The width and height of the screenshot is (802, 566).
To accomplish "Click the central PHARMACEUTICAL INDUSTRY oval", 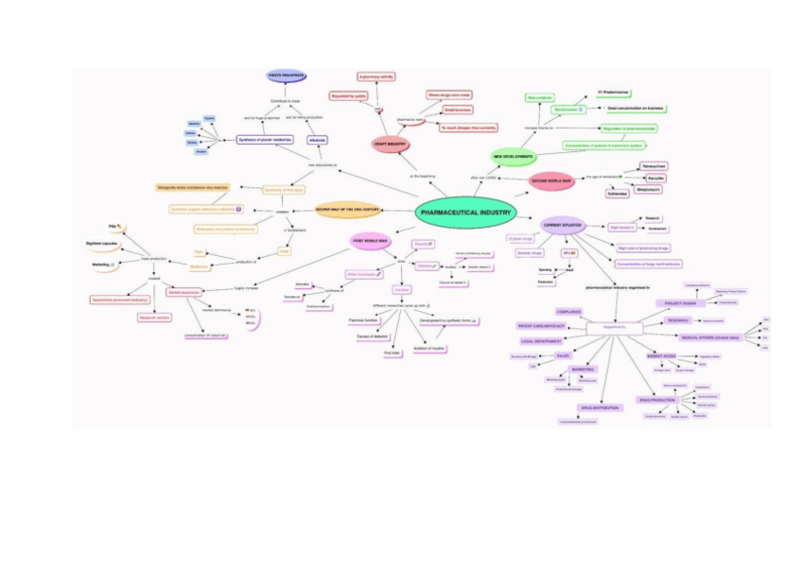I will tap(465, 213).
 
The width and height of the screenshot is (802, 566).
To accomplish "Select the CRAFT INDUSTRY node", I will tap(390, 144).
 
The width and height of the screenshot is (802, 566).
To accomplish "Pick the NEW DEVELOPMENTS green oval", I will tap(513, 155).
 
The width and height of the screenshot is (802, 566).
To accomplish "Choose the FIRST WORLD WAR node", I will tap(372, 241).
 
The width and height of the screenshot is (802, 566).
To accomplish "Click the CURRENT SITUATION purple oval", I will tap(562, 224).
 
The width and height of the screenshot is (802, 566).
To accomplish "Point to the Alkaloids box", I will tap(317, 140).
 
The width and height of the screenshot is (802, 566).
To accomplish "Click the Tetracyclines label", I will tap(654, 165).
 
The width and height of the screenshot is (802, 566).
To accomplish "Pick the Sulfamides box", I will tap(617, 194).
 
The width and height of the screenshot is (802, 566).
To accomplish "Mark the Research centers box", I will tap(154, 317).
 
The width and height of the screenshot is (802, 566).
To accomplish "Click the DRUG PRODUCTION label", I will tap(656, 400).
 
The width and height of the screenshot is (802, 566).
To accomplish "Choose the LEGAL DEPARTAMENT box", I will tap(543, 340).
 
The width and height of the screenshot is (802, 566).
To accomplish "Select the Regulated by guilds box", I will tap(348, 96).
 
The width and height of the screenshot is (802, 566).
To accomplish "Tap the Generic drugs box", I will tap(530, 253).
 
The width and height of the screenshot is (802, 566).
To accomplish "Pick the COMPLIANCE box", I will tap(568, 311).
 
